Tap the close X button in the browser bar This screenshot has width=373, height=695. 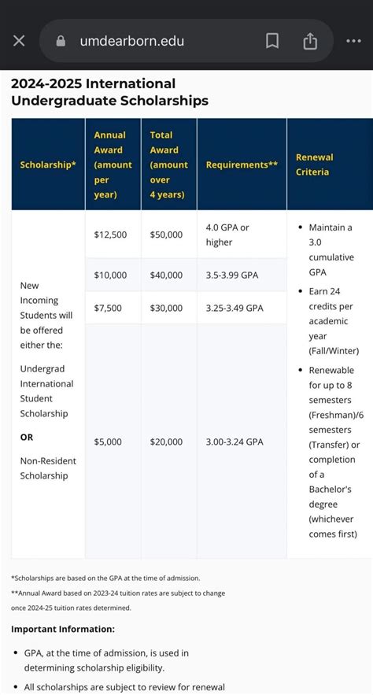point(19,41)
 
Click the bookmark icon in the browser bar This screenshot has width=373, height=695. point(272,41)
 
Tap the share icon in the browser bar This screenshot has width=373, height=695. point(310,41)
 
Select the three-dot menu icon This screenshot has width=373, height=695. point(353,41)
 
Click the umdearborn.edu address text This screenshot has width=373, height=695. point(131,41)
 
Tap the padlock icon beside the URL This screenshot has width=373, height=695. point(61,41)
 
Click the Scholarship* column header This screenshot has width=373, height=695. point(48,165)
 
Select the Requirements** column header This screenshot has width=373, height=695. point(242,165)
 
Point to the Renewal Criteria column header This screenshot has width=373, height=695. point(314,165)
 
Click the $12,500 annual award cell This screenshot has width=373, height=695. point(110,235)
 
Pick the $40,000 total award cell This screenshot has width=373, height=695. point(166,275)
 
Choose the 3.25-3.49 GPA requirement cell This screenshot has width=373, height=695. point(235,308)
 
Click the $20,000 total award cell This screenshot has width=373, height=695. point(166,442)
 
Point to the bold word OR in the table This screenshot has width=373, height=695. point(27,437)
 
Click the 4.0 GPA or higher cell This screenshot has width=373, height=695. point(227,235)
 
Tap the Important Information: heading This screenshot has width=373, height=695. point(63,629)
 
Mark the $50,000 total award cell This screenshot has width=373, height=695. point(166,235)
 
